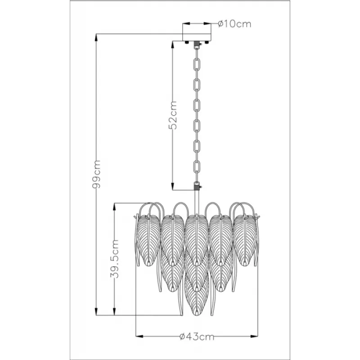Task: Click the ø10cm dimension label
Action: pos(234,24)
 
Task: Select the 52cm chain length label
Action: pos(173,115)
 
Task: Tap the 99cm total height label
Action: pos(96,174)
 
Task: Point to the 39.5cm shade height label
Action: pos(114,259)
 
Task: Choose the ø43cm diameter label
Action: pos(197,337)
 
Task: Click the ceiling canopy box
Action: pos(197,32)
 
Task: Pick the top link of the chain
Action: pos(197,65)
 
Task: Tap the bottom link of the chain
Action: pos(197,166)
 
